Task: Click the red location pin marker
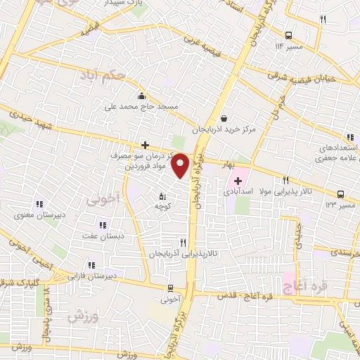181,165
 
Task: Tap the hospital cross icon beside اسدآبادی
238,181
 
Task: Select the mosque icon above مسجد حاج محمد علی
143,96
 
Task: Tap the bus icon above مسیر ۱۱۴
290,34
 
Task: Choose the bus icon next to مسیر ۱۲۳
340,194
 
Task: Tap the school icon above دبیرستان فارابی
91,265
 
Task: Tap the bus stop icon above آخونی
171,288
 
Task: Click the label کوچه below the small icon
163,207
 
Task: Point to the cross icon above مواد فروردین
145,145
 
